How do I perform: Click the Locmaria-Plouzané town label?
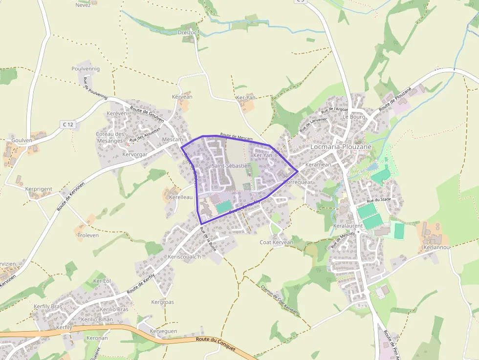point(341,147)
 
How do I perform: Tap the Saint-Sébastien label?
point(231,166)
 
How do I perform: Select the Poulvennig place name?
point(86,69)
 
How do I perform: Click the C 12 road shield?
point(68,125)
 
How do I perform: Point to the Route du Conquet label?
point(216,344)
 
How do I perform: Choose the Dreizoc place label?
point(188,32)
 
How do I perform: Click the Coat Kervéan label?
point(276,242)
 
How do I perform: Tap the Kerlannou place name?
point(436,247)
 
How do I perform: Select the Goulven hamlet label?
point(22,140)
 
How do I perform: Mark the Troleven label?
point(88,235)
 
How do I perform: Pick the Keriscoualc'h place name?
point(184,257)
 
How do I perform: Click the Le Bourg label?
point(354,117)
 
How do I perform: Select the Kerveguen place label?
point(163,331)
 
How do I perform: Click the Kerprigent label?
point(38,189)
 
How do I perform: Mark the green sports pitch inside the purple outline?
point(223,206)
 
